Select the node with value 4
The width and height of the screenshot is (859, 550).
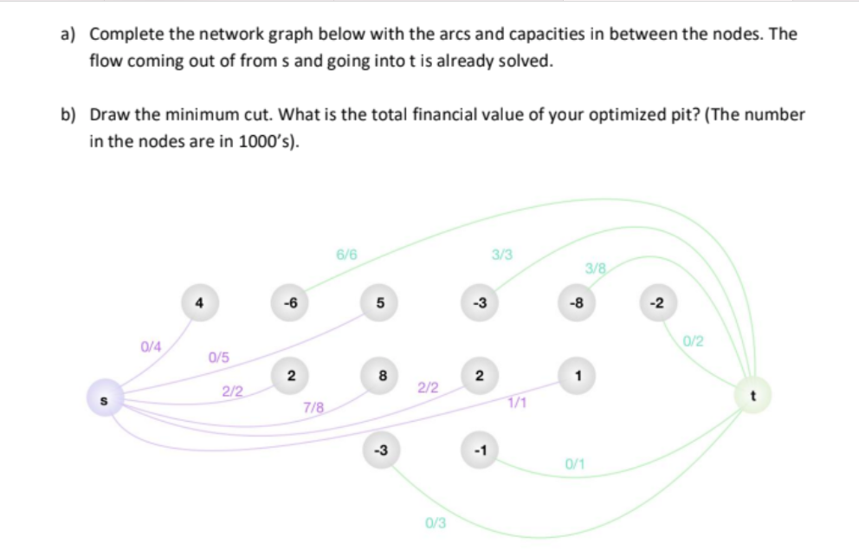[x=199, y=304]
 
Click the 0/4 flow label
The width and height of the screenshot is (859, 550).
[x=152, y=346]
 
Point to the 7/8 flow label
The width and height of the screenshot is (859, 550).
[x=314, y=406]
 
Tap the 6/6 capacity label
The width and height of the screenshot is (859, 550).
[x=346, y=256]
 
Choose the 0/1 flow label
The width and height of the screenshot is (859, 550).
[x=575, y=465]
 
